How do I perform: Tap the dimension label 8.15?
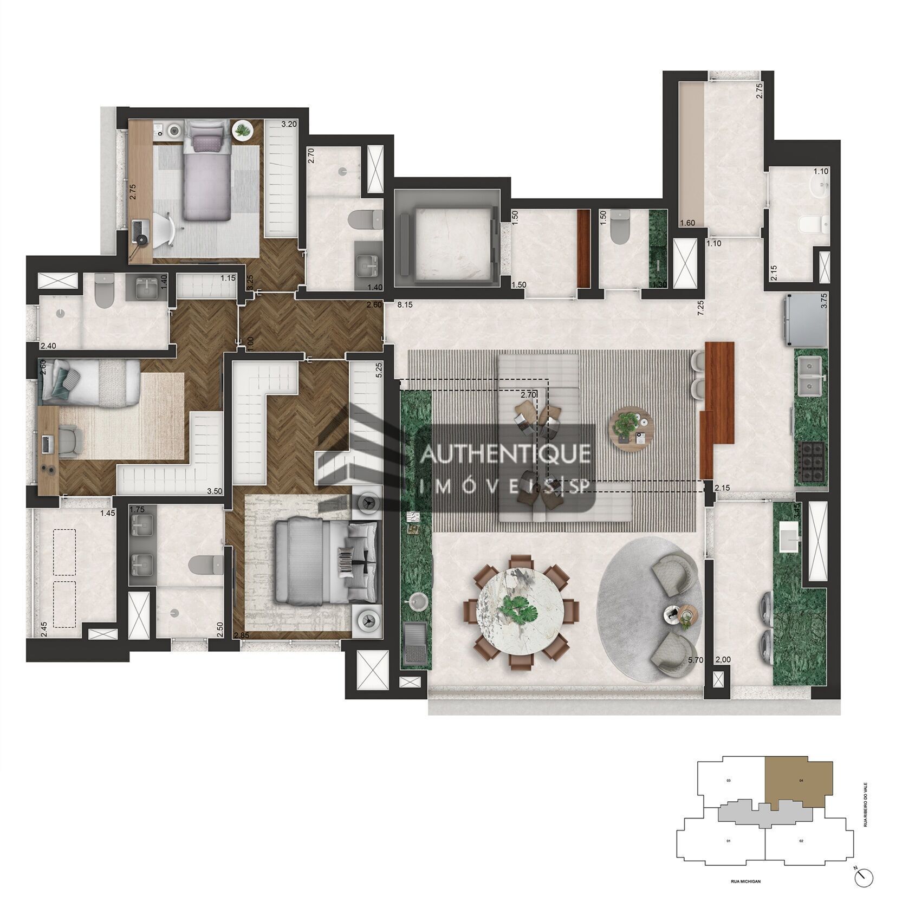(405, 305)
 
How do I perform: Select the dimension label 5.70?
(695, 660)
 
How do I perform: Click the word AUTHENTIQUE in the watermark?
(505, 454)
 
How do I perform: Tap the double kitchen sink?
(810, 369)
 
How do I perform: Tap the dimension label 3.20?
(289, 124)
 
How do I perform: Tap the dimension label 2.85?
(241, 635)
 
